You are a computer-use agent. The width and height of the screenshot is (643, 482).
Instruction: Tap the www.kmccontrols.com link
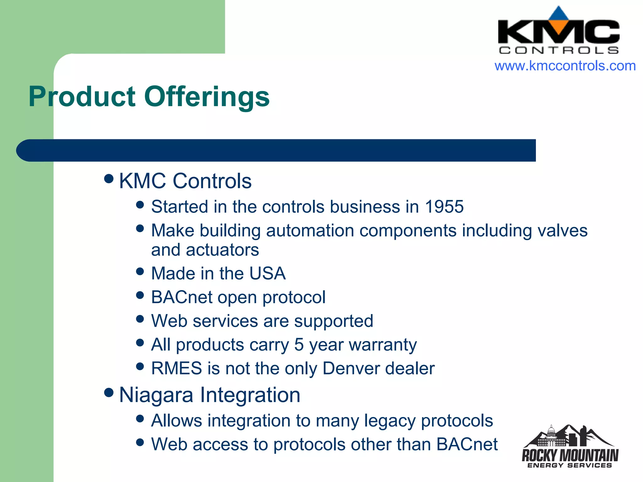[x=565, y=66]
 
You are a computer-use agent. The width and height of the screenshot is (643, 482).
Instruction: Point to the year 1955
[x=444, y=207]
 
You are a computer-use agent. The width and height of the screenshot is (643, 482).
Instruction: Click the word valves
[x=562, y=231]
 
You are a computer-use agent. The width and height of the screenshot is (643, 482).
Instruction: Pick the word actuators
[x=222, y=250]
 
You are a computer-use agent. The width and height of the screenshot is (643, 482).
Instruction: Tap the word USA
[x=267, y=273]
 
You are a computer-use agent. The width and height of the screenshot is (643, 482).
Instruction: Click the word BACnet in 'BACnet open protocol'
[x=181, y=297]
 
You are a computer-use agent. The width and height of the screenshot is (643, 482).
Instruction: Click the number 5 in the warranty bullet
[x=299, y=345]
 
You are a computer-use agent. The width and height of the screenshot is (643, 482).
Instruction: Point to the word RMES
[x=176, y=368]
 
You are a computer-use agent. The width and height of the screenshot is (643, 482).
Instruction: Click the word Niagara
[x=156, y=395]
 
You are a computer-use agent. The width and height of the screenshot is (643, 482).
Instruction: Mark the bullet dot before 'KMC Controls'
[x=109, y=179]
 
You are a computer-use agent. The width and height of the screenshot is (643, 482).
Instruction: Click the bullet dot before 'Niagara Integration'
[x=109, y=393]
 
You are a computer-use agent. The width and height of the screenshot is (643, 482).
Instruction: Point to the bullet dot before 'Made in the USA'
[x=140, y=271]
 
